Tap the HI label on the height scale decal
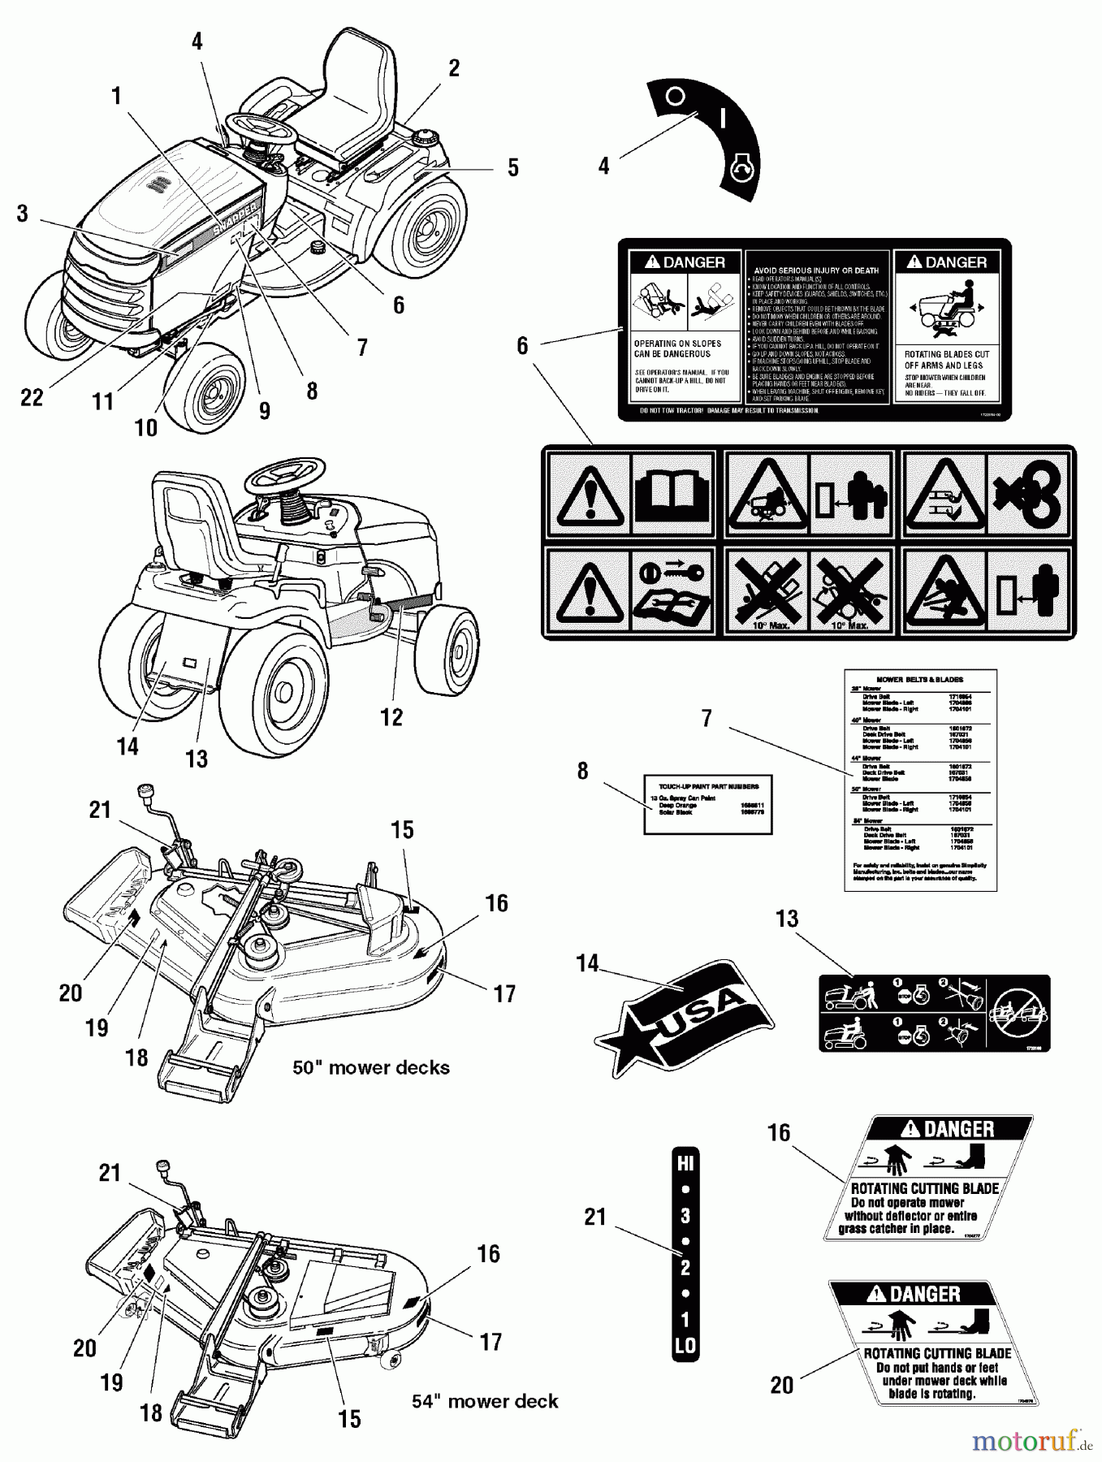(x=685, y=1164)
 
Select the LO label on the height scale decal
(x=685, y=1345)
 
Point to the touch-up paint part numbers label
(x=707, y=803)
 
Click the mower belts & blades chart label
(x=920, y=780)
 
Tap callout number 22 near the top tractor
(x=32, y=397)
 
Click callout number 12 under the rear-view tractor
(x=391, y=717)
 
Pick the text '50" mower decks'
(x=371, y=1067)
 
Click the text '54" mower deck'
(x=485, y=1401)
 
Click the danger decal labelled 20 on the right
(x=934, y=1343)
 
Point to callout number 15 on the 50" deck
(x=402, y=830)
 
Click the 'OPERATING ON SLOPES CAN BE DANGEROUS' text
(x=672, y=348)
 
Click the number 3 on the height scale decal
(x=685, y=1216)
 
